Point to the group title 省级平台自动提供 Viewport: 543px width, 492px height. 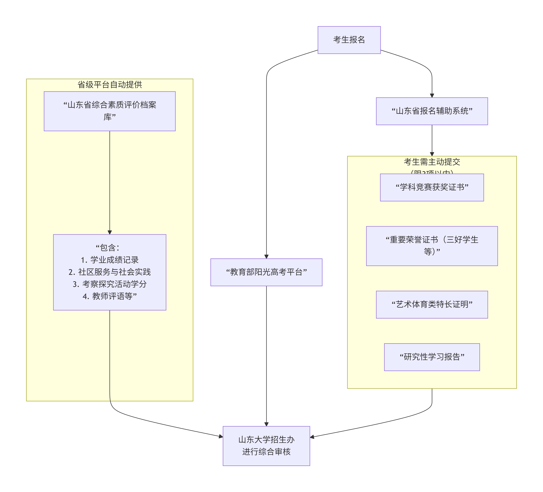(x=110, y=84)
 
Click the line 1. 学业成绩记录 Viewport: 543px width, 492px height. (x=110, y=260)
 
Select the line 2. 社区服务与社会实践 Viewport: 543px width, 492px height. (x=110, y=272)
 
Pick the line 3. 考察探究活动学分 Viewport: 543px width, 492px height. (x=110, y=284)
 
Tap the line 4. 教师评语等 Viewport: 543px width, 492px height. (x=110, y=296)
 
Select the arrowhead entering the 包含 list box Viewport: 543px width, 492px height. (x=110, y=232)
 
